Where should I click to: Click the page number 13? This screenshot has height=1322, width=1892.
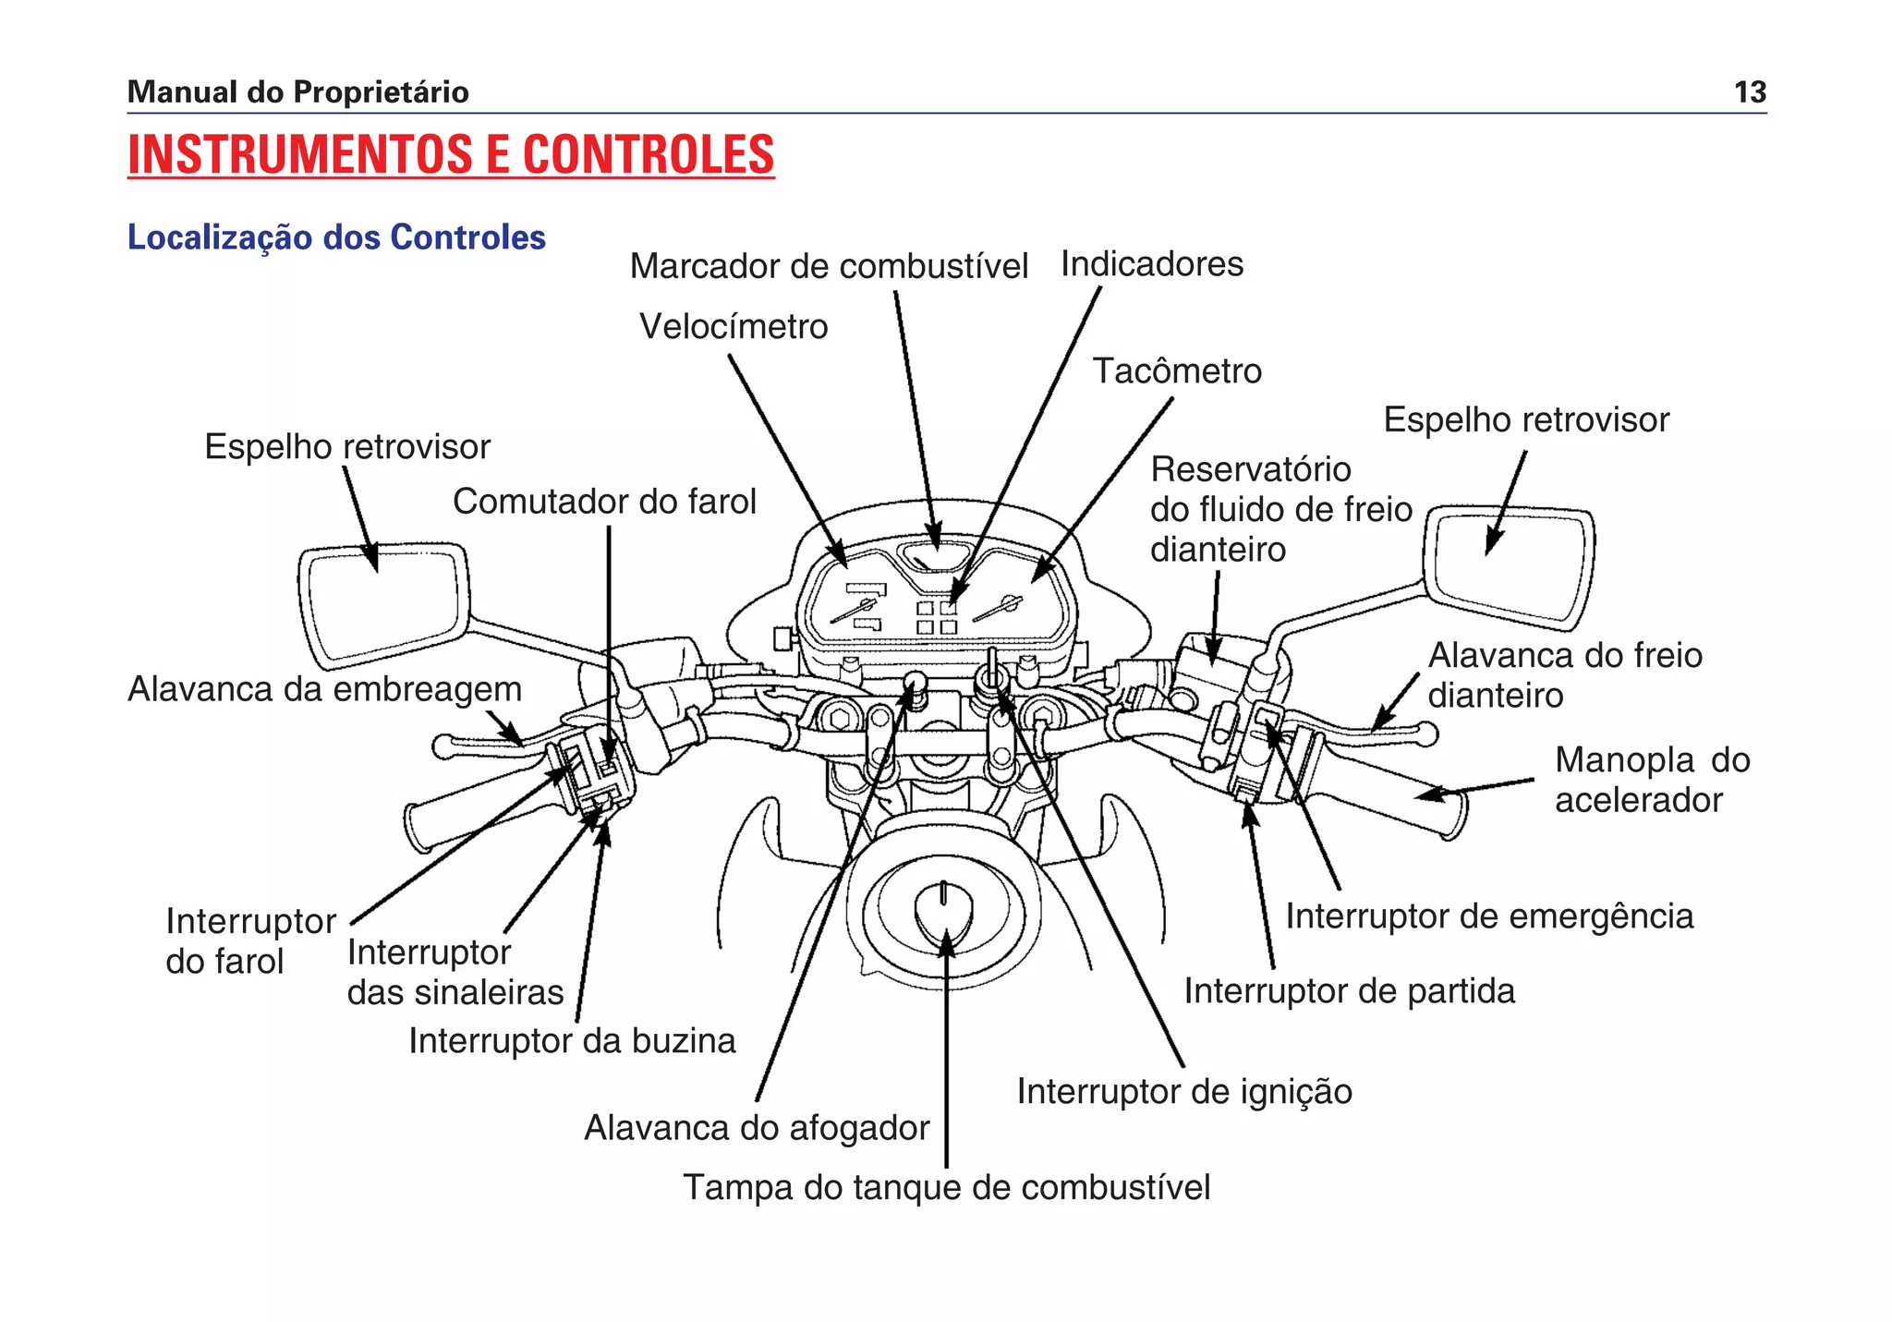[x=1750, y=92]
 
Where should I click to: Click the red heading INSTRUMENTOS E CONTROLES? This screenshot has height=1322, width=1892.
[x=451, y=154]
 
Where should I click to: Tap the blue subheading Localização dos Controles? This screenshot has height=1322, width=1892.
[x=336, y=237]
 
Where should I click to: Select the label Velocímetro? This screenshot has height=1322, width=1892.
[x=734, y=327]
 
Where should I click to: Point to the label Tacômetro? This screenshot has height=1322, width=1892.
[x=1177, y=371]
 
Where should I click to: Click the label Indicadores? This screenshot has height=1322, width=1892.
[x=1151, y=264]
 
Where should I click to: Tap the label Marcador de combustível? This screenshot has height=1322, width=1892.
[x=829, y=266]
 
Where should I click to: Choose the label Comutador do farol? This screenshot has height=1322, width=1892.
[x=604, y=502]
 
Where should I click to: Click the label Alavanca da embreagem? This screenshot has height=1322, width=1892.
[x=324, y=689]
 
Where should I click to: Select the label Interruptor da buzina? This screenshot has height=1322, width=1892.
[x=572, y=1041]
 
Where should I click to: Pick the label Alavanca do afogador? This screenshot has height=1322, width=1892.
[x=757, y=1128]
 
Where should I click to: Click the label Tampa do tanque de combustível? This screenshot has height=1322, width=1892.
[x=946, y=1188]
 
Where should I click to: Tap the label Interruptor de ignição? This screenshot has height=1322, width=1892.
[x=1184, y=1092]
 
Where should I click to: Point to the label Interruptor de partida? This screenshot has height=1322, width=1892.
[x=1349, y=991]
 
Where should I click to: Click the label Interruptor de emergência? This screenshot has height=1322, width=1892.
[x=1489, y=916]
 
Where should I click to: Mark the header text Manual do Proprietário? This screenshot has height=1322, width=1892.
[x=297, y=92]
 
